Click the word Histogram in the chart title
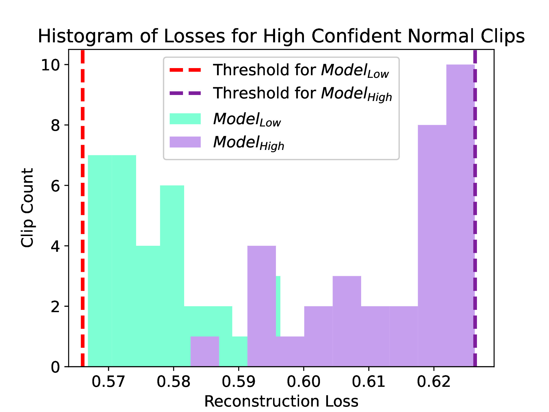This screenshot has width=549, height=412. (x=85, y=36)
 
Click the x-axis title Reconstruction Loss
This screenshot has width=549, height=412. (x=281, y=401)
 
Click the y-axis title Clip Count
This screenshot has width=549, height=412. (x=27, y=208)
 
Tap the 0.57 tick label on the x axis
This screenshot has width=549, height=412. (x=108, y=382)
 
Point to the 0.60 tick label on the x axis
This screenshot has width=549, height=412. (x=303, y=382)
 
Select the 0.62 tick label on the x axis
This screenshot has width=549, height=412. (x=433, y=382)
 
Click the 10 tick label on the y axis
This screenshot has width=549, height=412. (x=51, y=65)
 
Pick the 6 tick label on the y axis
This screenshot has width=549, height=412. (x=55, y=186)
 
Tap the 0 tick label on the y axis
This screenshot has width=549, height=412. (x=55, y=367)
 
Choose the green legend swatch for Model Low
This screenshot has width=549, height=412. (x=185, y=119)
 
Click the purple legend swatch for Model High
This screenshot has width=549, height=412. (x=185, y=142)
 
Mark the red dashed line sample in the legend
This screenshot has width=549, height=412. (x=185, y=70)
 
